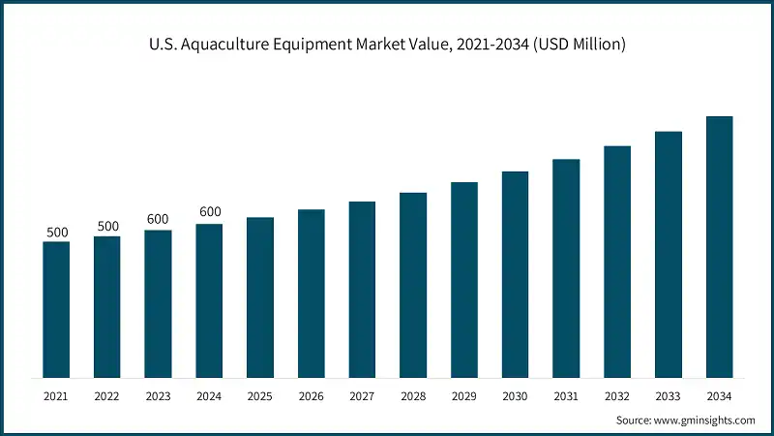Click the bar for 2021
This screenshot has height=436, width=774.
pos(56,309)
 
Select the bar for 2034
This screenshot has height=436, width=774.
pos(719,247)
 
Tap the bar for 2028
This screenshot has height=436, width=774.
pos(413,285)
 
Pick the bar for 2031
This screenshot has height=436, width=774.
pos(566,268)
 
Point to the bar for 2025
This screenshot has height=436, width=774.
pos(260,297)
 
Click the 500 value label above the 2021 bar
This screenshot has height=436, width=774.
pos(57,233)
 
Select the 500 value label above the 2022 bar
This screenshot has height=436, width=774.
pos(107,227)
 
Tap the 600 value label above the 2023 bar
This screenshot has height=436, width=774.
pos(158,220)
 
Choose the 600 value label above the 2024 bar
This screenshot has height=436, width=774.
pos(209,213)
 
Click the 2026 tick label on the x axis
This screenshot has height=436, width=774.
pos(311,396)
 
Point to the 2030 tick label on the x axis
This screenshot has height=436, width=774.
pos(515,396)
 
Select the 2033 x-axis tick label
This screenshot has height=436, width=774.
pos(668,396)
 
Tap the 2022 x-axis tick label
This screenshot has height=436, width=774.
pos(107,396)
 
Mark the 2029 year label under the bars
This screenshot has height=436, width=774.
pos(463,396)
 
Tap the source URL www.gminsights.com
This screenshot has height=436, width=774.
pos(703,420)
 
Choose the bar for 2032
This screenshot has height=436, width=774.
pos(617,262)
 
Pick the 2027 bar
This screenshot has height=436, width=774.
pos(362,290)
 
